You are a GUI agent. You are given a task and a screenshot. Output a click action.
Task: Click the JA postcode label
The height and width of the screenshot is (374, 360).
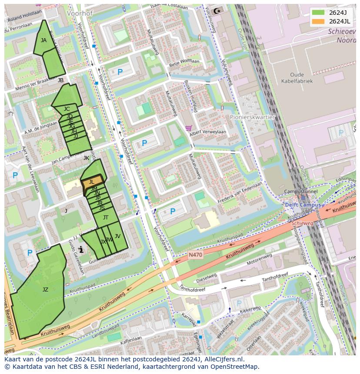43,40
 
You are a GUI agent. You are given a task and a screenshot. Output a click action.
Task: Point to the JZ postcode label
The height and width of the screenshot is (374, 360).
45,290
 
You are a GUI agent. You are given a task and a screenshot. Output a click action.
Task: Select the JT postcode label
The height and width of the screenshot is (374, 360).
105,217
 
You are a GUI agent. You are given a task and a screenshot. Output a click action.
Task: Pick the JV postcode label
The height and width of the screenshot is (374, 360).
117,236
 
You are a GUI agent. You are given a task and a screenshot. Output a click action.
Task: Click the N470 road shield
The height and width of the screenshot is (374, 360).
196,255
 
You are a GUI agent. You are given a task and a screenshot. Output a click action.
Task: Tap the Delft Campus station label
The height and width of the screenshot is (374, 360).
303,205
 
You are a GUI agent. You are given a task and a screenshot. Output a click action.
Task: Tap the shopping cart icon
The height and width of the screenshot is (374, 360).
188,128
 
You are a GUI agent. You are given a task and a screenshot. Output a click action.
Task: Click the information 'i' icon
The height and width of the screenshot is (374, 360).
81,249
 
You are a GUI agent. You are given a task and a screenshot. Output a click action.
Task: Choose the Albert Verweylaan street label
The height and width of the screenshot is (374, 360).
208,132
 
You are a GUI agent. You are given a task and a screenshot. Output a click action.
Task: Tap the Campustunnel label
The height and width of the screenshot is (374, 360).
300,192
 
